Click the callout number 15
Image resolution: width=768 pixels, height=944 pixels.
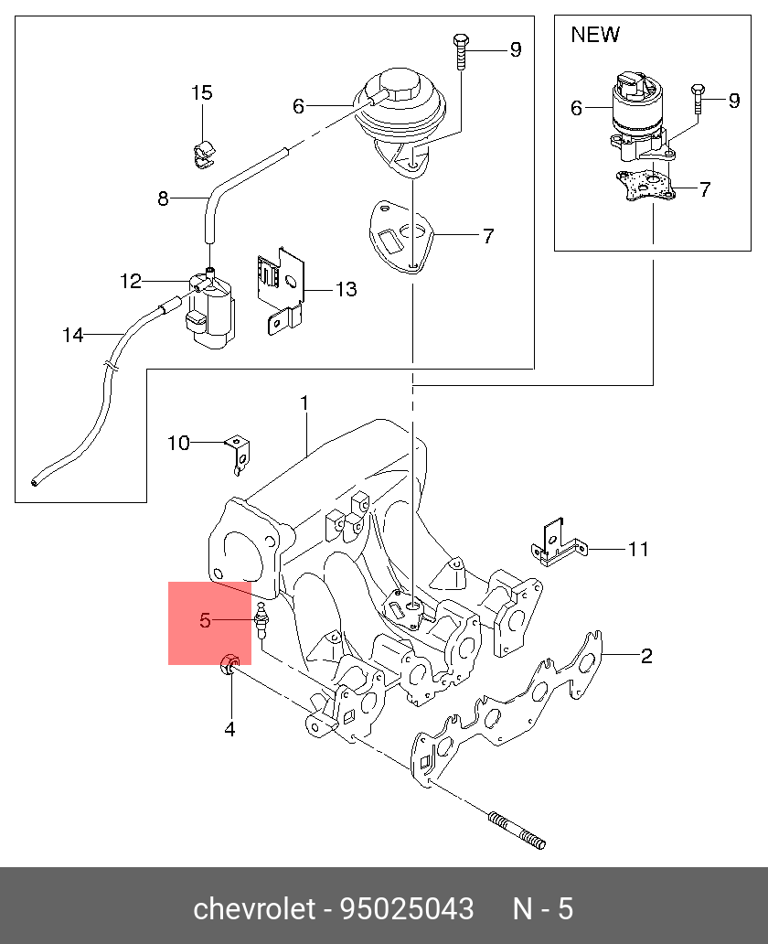[x=202, y=92]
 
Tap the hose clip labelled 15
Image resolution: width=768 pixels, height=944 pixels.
[x=203, y=154]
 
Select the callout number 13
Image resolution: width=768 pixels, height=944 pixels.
[x=346, y=290]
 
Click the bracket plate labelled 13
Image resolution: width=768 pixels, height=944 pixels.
[x=282, y=291]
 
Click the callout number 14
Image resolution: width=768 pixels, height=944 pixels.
[x=73, y=335]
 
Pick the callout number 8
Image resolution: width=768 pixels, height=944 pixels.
[x=163, y=198]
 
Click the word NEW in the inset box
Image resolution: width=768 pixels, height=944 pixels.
[x=594, y=35]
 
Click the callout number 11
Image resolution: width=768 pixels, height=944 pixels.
[x=638, y=549]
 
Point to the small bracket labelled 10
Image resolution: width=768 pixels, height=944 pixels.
[x=240, y=455]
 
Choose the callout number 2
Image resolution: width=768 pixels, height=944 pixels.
[x=646, y=656]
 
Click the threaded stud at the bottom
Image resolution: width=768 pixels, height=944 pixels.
[x=517, y=831]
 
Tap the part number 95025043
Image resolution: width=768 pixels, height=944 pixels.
[x=408, y=908]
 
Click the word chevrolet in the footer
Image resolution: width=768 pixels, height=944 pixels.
[x=254, y=908]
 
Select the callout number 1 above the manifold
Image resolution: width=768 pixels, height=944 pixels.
[x=304, y=402]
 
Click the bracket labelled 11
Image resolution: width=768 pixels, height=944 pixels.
[x=558, y=543]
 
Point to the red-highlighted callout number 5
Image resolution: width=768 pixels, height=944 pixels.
[x=205, y=620]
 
